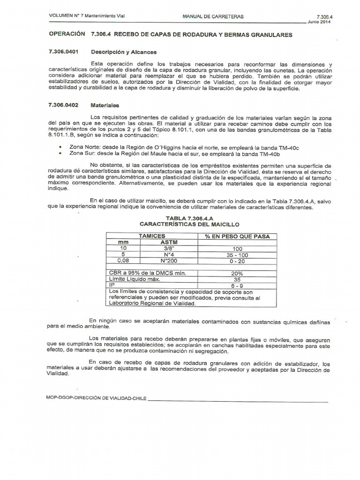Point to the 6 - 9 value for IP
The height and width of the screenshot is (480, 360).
[x=237, y=285]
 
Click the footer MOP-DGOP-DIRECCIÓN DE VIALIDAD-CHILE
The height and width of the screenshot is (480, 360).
[x=97, y=398]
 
